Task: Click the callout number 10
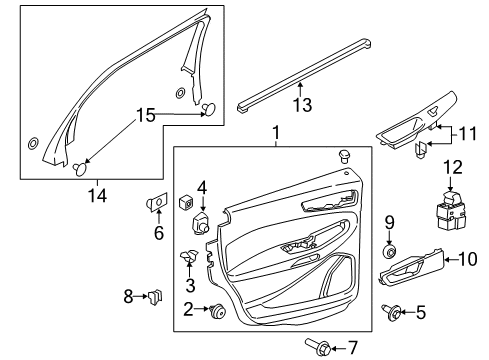pyautogui.click(x=465, y=260)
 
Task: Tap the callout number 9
pyautogui.click(x=391, y=250)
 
